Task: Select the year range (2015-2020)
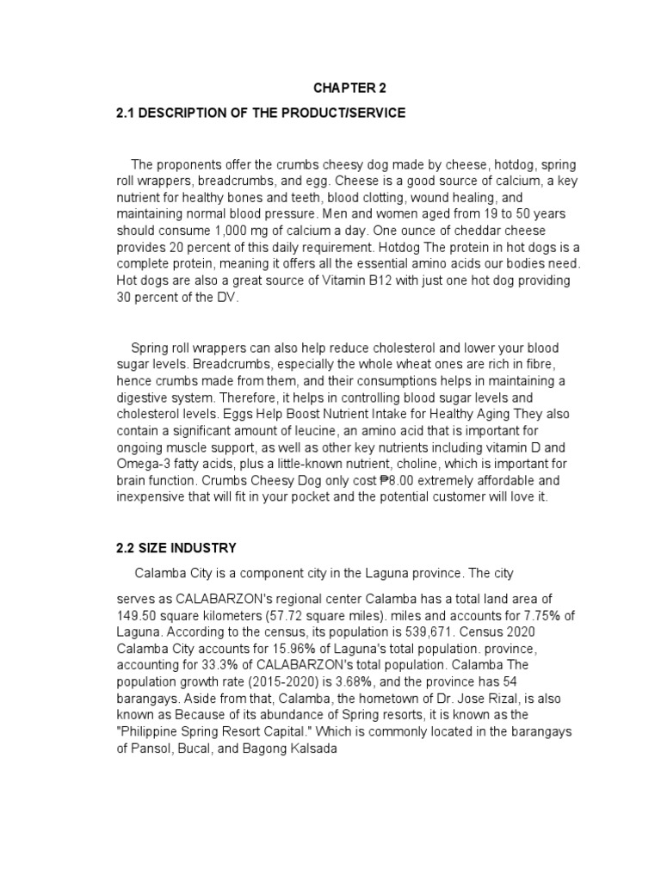(x=280, y=681)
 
